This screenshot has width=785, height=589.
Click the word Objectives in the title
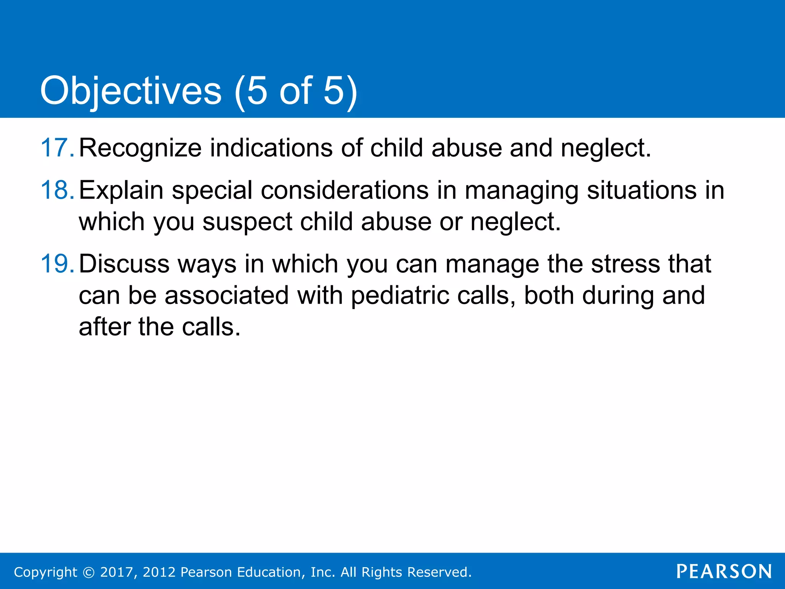click(x=131, y=91)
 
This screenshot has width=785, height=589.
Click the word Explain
click(x=121, y=191)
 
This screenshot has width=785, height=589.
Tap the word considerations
click(x=345, y=190)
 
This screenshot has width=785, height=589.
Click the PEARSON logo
click(x=724, y=572)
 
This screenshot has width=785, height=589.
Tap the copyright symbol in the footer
click(x=89, y=573)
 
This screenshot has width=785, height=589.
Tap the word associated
click(x=227, y=296)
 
